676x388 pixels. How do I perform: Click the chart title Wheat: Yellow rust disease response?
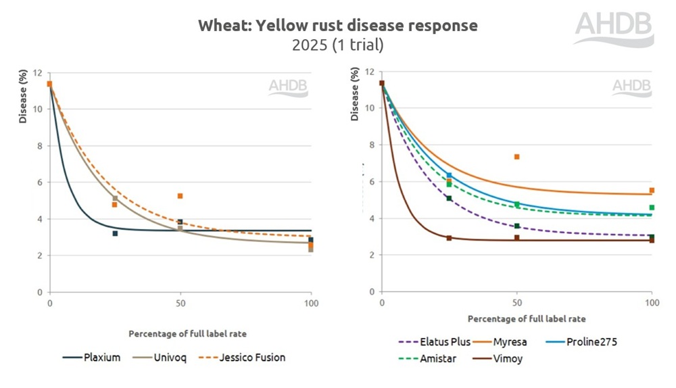click(337, 26)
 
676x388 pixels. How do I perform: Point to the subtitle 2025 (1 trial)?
click(337, 45)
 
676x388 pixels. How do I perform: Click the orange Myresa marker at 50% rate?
click(516, 157)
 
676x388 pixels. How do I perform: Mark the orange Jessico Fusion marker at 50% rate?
click(180, 196)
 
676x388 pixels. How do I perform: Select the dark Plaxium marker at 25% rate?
click(115, 233)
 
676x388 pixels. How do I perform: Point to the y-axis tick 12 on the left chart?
click(39, 73)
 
